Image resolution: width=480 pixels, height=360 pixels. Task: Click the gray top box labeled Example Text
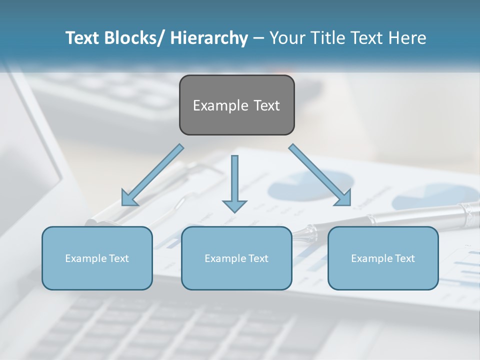coord(236,105)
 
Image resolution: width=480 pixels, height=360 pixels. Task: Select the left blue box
coord(97,258)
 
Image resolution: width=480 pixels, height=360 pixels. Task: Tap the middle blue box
coord(236,258)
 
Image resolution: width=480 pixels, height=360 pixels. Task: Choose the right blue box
coord(383,258)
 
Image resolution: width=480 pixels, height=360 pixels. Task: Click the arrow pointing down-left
coord(152,175)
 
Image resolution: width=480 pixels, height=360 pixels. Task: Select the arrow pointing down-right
coord(320,175)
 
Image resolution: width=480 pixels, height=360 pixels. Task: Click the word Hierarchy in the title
coord(209,38)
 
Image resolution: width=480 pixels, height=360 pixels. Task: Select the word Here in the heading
coord(407,38)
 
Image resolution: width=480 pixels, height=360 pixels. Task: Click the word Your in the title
coord(286,38)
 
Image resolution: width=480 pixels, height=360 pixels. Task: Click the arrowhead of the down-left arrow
coord(129,199)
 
